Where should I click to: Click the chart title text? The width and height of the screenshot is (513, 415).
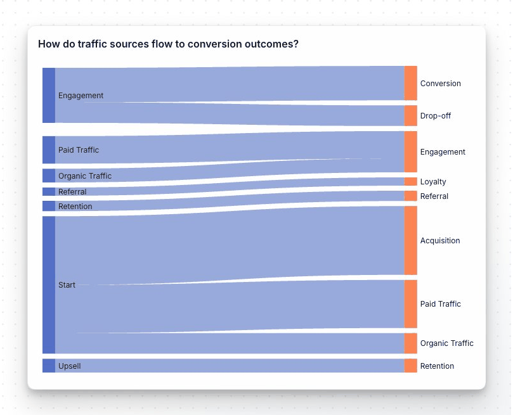coord(168,44)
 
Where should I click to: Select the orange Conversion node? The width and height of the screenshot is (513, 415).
coord(411,83)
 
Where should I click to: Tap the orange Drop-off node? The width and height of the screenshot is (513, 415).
coord(411,116)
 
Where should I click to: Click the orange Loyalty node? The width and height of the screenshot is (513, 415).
coord(411,181)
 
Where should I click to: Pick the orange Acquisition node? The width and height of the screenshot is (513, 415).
coord(411,241)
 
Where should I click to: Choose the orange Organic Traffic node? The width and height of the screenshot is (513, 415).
coord(411,343)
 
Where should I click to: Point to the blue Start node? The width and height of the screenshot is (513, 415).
coord(49,285)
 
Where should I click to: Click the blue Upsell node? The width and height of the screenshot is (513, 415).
coord(49,366)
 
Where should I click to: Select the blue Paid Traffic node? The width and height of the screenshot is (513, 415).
coord(49,150)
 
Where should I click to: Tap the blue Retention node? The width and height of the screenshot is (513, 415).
coord(49,206)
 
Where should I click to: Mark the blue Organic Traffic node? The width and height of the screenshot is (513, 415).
coord(49,176)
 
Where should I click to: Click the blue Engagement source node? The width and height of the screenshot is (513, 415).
coord(49,96)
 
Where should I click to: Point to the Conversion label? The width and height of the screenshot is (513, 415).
coord(440,84)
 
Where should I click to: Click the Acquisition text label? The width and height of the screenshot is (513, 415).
coord(440,241)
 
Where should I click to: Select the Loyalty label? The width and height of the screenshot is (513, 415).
coord(433,182)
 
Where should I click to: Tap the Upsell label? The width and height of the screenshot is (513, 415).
coord(69,366)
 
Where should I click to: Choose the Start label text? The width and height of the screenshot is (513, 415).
coord(67,285)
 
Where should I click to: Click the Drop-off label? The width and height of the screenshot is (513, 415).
coord(436,116)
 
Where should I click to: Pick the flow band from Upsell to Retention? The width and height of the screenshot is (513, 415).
coord(230,366)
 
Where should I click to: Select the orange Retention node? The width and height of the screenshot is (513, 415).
coord(411,366)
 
